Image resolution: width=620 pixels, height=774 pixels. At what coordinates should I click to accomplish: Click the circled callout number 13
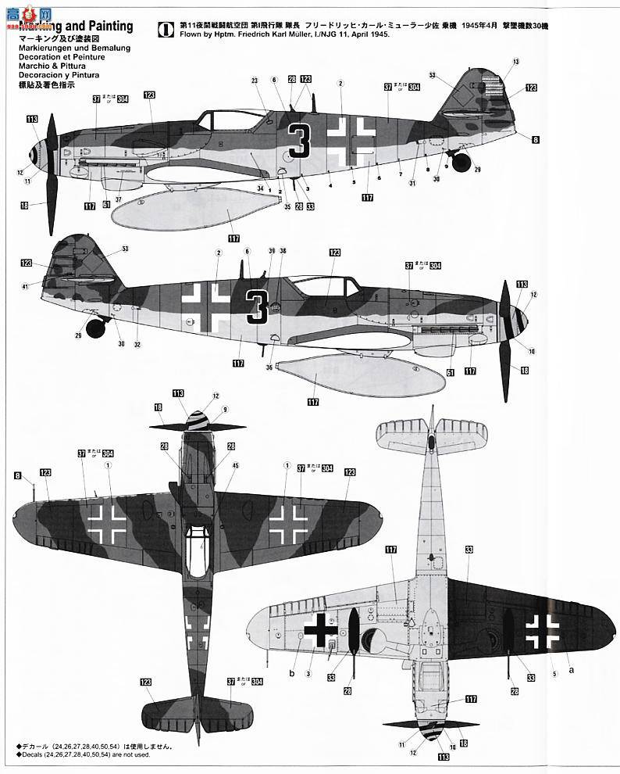pos(516,61)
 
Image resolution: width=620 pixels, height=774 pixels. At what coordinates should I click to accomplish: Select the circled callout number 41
pos(26,286)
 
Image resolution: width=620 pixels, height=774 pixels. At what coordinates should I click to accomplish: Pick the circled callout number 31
pos(412,183)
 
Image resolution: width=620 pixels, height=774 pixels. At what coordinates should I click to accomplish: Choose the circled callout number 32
pos(137,345)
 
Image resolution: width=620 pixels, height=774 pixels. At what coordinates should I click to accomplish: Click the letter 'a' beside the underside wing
pos(570,670)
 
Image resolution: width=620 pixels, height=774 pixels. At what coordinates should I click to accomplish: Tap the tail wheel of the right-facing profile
pos(96,328)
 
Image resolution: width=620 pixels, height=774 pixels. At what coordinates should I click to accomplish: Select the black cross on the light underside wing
pos(320,629)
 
